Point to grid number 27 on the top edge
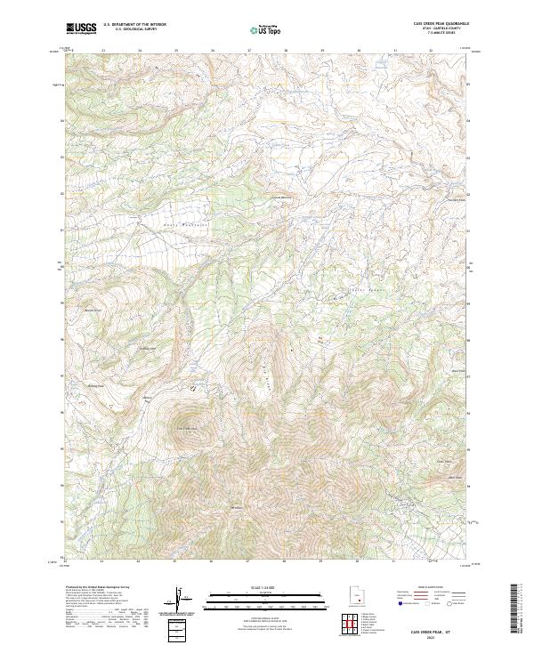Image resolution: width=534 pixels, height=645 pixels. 247,51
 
